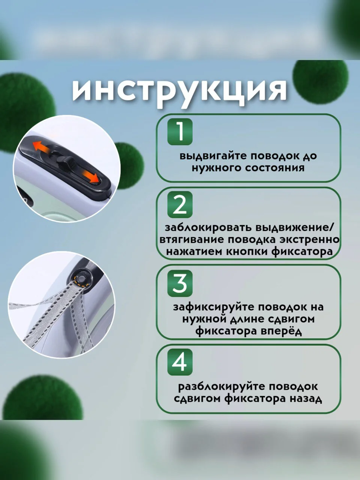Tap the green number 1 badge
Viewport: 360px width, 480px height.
180,132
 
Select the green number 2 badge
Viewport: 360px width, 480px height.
180,204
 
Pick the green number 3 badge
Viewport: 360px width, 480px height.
180,283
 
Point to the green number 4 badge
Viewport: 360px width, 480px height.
180,362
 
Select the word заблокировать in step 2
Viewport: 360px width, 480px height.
209,228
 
